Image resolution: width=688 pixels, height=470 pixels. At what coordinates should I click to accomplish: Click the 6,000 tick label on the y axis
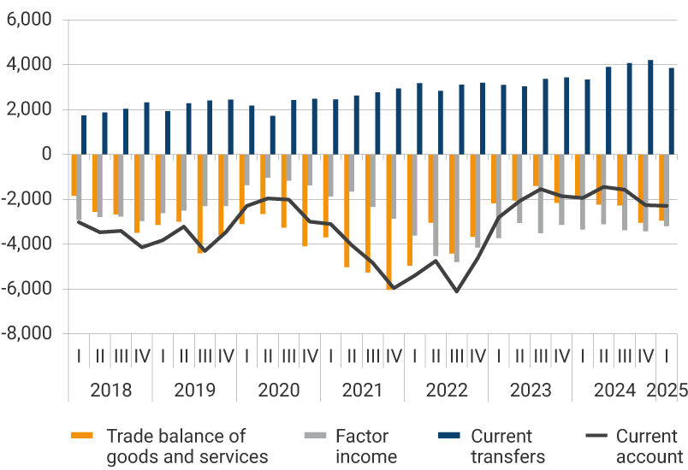[29, 20]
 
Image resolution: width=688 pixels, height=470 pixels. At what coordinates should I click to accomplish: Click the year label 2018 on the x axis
[110, 391]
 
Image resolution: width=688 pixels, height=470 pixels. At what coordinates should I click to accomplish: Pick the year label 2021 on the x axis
[362, 391]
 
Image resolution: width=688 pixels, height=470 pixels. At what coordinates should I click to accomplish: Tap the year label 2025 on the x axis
[667, 391]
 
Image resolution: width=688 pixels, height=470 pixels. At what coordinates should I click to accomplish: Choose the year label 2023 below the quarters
[531, 391]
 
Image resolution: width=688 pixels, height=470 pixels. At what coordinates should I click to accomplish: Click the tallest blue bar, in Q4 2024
[650, 107]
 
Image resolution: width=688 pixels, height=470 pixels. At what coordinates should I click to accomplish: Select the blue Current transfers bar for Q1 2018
[84, 135]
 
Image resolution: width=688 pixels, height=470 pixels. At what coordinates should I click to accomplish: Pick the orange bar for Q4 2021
[389, 222]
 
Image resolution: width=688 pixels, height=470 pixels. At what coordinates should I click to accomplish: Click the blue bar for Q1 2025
[672, 111]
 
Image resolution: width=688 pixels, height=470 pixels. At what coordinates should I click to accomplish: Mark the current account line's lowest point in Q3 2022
[457, 291]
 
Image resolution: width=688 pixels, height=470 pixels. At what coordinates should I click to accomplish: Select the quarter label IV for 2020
[310, 355]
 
